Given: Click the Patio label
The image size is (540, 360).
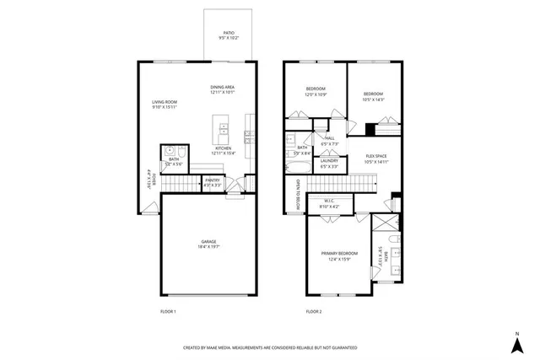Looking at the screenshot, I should coord(229,33).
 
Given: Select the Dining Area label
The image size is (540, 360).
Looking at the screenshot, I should coord(223,88).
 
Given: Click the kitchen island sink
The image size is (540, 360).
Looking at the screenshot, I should coord(224,130).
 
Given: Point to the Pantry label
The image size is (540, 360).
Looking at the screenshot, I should coord(213,180).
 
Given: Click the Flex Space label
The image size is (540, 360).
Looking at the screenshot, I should coord(376,157).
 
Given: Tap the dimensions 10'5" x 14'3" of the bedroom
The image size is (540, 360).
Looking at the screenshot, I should coord(374,99).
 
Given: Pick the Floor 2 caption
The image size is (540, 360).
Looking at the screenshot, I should coord(314,312).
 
